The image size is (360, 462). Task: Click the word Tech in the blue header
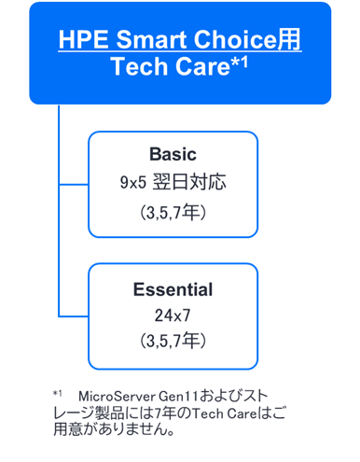click(x=138, y=69)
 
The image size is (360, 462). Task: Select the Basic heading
click(x=173, y=153)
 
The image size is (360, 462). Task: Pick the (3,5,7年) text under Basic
click(x=173, y=214)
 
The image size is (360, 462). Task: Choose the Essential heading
click(x=173, y=289)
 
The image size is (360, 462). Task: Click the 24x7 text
click(x=173, y=315)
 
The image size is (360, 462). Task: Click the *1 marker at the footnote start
click(x=58, y=393)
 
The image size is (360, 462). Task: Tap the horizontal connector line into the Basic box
click(x=74, y=183)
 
